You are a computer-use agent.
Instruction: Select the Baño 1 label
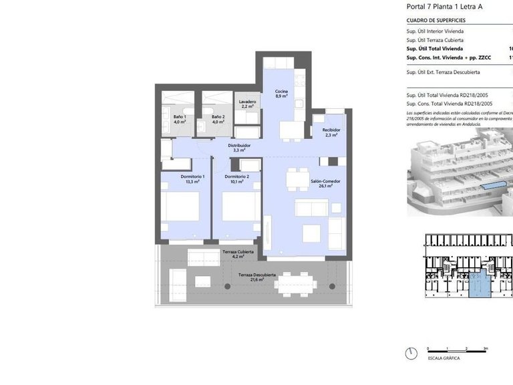coord(180,120)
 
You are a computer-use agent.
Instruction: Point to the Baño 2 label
coord(218,120)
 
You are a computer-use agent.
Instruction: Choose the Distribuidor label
coord(238,148)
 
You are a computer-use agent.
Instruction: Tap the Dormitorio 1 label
coord(192,178)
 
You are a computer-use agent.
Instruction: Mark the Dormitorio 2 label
coord(237,178)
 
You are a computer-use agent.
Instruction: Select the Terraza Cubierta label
coord(237,253)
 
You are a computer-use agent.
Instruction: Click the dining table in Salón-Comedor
coord(294,179)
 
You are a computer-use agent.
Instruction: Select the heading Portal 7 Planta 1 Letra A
coord(444,7)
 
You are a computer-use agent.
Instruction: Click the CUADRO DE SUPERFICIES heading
coord(436,21)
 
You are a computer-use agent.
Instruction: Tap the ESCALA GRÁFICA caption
coord(442,358)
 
